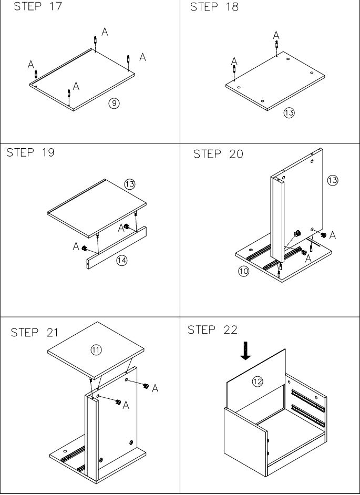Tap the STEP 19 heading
30,153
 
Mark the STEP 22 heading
212,330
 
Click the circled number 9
113,103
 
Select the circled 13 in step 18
289,112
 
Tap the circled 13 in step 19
130,184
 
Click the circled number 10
243,272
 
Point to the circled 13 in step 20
332,180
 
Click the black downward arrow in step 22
245,350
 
